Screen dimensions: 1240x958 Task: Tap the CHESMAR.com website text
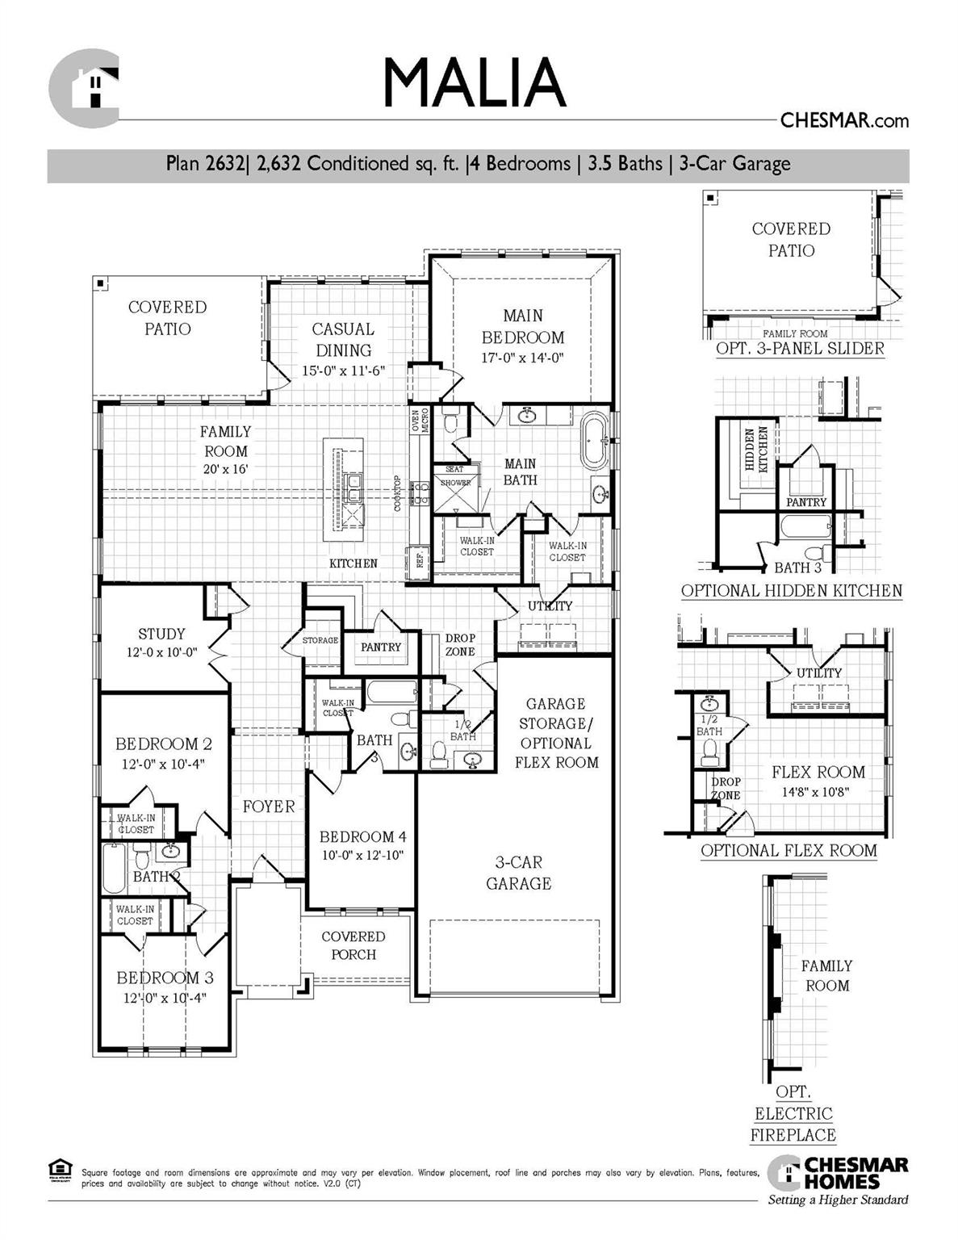click(843, 121)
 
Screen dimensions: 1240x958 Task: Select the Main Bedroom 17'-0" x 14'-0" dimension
click(522, 358)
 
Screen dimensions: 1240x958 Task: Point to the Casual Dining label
click(343, 340)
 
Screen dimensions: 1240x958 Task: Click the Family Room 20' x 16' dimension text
click(225, 469)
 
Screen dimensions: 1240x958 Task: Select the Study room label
click(161, 635)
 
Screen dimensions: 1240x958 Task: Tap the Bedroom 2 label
click(163, 744)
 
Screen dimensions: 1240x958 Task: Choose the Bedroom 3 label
click(165, 978)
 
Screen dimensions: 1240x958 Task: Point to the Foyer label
click(269, 806)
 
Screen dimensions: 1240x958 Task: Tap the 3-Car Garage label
click(518, 873)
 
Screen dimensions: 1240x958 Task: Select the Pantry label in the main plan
click(380, 647)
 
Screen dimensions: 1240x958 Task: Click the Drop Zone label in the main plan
click(460, 645)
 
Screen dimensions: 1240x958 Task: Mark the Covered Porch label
click(353, 945)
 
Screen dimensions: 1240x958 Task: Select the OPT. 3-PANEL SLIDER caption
click(800, 349)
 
